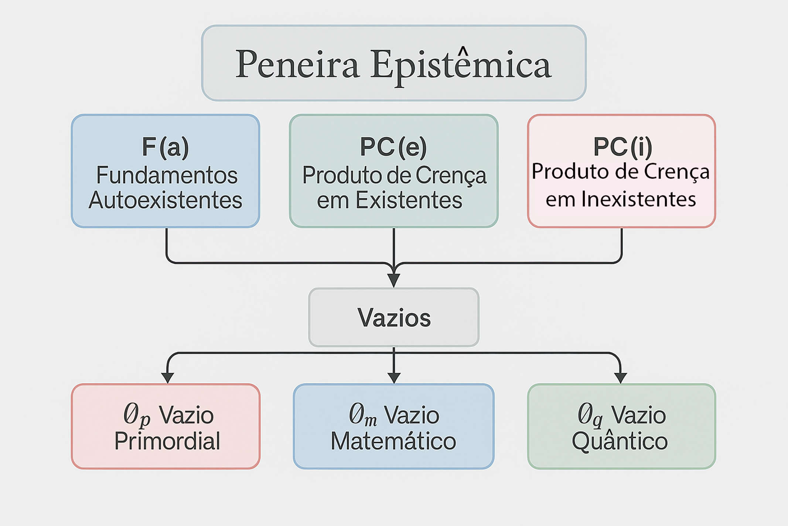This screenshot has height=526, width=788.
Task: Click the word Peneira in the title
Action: tap(297, 64)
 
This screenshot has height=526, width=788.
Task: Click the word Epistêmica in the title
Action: tap(461, 65)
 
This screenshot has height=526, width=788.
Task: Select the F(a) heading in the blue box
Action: tap(165, 147)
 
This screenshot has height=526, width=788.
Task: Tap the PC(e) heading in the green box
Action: tap(393, 147)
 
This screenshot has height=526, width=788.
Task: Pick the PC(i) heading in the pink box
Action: tap(622, 147)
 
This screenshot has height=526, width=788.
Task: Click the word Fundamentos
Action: tap(167, 175)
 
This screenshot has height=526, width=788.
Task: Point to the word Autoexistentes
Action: tap(165, 200)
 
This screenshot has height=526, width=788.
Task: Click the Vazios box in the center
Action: tap(394, 317)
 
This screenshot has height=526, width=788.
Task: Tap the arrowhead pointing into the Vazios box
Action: tap(394, 280)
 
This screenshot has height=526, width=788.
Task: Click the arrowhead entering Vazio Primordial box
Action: tap(168, 378)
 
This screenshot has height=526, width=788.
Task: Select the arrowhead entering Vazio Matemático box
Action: tap(394, 378)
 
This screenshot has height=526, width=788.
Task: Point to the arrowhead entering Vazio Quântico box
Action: tap(620, 378)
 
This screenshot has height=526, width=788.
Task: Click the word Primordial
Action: tap(167, 441)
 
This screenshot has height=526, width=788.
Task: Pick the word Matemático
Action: tap(393, 441)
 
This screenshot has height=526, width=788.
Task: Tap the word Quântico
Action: tap(620, 441)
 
